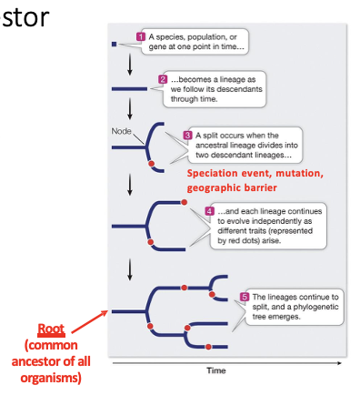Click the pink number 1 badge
click(x=141, y=36)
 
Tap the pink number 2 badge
click(x=164, y=79)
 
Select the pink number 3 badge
click(x=188, y=134)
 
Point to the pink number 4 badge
click(x=210, y=210)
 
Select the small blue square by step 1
click(x=113, y=42)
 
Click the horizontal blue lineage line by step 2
click(x=129, y=88)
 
